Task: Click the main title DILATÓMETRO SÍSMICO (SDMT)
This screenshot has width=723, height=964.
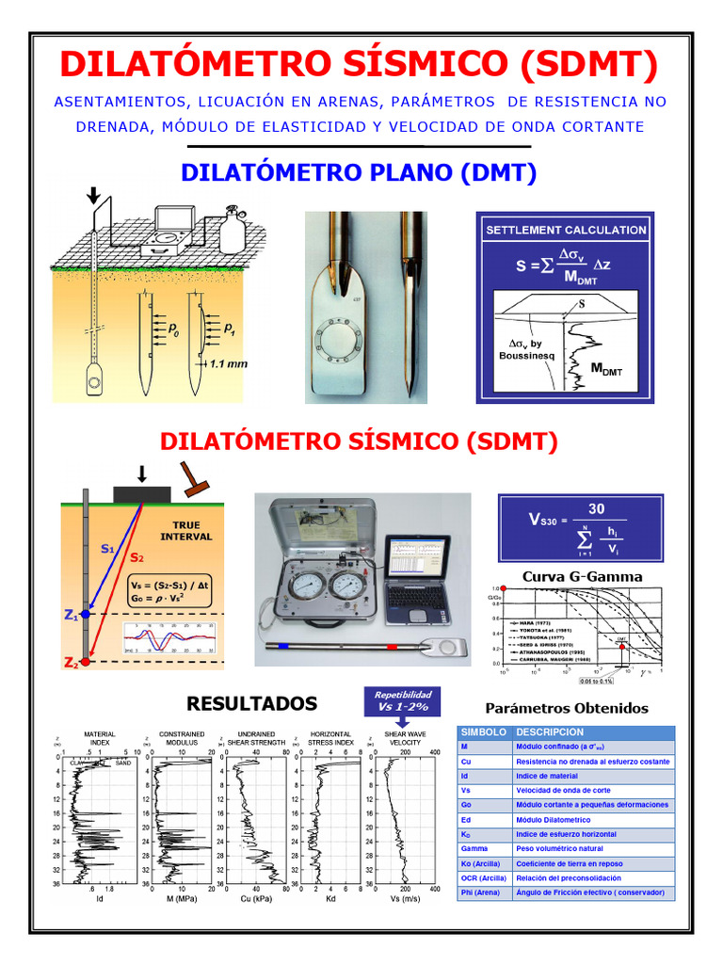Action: (x=360, y=65)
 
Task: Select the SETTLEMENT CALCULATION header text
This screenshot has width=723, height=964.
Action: (x=566, y=230)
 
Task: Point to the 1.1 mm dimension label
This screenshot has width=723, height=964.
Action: (x=230, y=362)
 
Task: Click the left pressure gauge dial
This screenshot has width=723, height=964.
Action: (x=306, y=586)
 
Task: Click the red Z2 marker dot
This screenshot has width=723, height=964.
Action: (x=86, y=663)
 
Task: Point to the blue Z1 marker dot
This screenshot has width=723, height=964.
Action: (x=86, y=614)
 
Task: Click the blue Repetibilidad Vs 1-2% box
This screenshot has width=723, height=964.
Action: (x=403, y=700)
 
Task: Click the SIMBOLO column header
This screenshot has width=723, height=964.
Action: (x=483, y=732)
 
